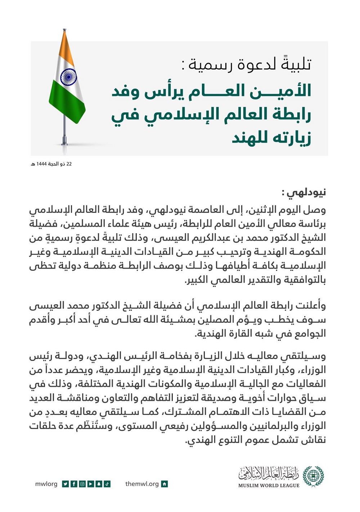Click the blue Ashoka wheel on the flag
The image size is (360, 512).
tap(68, 77)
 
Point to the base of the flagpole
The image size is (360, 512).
tap(64, 141)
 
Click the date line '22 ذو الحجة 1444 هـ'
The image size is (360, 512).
tap(51, 164)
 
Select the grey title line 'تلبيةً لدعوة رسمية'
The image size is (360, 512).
tap(250, 64)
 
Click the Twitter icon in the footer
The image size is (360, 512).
tap(65, 484)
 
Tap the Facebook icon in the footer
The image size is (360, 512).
tap(74, 484)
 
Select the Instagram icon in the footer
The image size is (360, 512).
tap(82, 484)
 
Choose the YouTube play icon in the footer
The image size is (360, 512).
tap(90, 484)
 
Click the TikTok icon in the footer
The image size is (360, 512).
tap(107, 484)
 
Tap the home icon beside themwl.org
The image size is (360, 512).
tap(165, 484)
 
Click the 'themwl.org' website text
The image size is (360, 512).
tap(142, 484)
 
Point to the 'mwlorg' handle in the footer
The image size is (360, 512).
tap(46, 484)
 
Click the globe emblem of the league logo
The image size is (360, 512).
tap(313, 476)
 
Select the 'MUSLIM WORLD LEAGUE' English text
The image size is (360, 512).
tap(269, 485)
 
